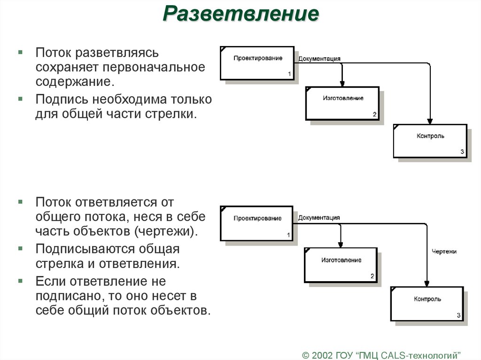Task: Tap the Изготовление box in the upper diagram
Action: click(342, 103)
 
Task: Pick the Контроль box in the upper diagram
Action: click(430, 140)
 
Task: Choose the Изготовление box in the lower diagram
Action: click(341, 265)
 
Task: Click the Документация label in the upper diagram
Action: click(319, 59)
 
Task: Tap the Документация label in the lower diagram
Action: click(319, 217)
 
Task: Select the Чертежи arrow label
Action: click(444, 252)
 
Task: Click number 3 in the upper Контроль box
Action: click(462, 152)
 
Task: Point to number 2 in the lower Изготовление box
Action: click(372, 276)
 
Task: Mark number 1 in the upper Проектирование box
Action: click(289, 74)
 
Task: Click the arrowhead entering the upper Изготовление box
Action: click(342, 83)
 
